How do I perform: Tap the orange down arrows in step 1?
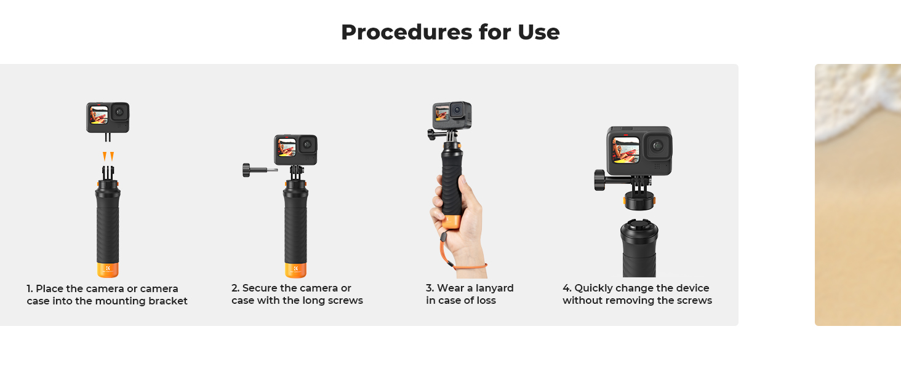point(108,156)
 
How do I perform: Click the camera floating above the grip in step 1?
point(108,117)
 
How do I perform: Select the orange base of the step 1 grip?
point(108,270)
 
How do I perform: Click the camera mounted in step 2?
point(295,149)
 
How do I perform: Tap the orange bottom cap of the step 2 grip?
point(295,270)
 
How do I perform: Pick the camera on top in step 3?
point(452,115)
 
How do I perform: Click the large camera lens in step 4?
point(658,146)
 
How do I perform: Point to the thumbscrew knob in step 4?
point(599,180)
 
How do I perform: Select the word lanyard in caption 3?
point(494,288)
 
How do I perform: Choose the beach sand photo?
point(858,195)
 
